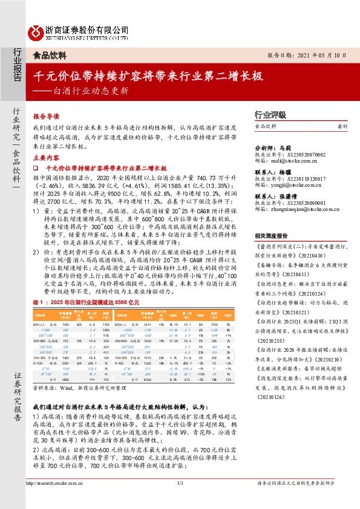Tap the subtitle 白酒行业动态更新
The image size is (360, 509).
[x=91, y=92]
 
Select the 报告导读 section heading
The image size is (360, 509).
[x=46, y=115]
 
